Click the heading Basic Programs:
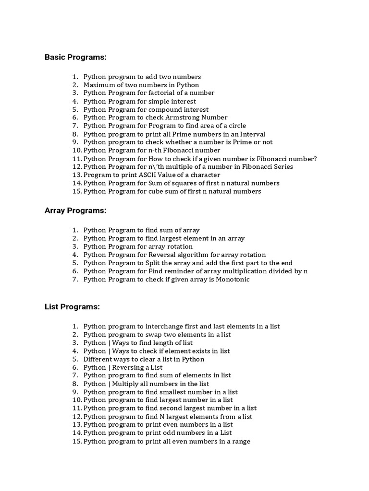(x=75, y=58)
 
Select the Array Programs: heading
(x=75, y=210)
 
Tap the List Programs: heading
(x=72, y=307)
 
